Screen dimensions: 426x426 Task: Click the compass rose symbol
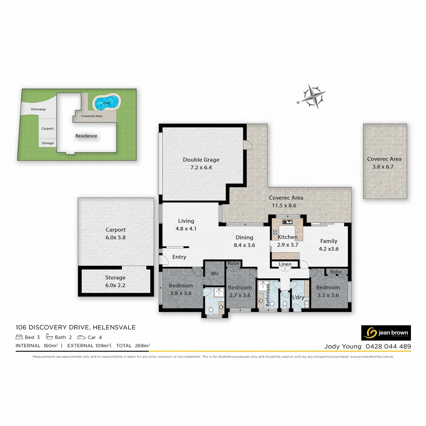pos(314,96)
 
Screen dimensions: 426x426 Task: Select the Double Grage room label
pos(201,160)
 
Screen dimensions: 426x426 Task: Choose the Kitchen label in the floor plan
pos(288,237)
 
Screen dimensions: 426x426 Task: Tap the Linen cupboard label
pos(285,264)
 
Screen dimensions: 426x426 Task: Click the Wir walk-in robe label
pos(215,273)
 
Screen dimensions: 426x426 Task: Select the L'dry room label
pos(298,297)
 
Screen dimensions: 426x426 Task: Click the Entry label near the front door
pos(179,257)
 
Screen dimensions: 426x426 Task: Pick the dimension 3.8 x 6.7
pos(384,167)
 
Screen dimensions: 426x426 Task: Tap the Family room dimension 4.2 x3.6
pos(329,248)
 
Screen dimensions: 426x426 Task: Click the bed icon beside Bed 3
pos(19,337)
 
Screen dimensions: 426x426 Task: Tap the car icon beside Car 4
pos(81,337)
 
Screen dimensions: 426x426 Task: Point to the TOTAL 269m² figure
pos(133,346)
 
